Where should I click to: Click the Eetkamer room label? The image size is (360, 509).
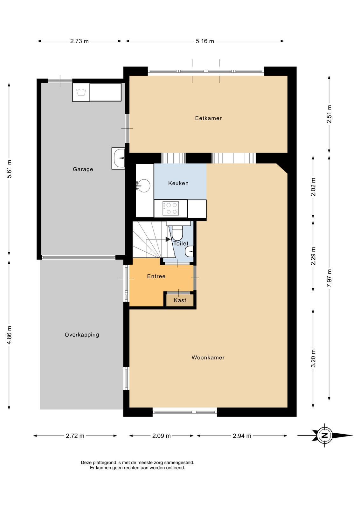pos(208,118)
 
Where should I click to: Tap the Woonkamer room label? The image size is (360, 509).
pos(208,358)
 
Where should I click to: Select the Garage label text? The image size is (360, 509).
pos(83,169)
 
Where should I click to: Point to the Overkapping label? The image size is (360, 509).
pos(82,335)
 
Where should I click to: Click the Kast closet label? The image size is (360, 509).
pos(180,300)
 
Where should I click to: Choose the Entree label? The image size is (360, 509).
pos(156,276)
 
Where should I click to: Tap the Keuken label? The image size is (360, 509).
pos(178,183)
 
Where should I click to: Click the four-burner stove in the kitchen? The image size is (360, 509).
pos(170,208)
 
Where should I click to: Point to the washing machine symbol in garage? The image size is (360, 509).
pos(81,92)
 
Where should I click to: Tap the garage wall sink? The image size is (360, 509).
pos(118,158)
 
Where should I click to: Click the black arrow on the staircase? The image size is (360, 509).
pos(168,239)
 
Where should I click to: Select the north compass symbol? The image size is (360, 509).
pos(325,436)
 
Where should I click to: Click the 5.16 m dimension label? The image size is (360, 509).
pos(205,41)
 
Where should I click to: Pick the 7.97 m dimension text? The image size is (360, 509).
pos(329,278)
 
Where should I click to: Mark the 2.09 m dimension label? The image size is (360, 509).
pos(161,436)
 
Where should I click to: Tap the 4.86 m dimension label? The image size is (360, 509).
pos(9,335)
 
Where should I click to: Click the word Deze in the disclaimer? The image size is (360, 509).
pos(86,463)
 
